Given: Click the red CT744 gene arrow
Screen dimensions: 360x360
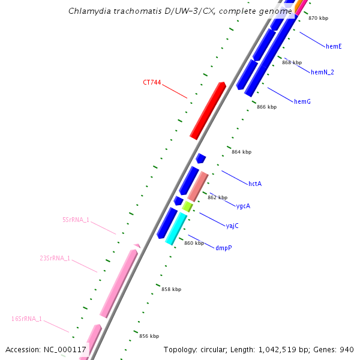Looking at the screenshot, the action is (x=208, y=111).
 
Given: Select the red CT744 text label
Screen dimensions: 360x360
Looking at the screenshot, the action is (x=151, y=83).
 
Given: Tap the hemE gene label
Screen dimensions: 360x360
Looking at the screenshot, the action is (x=334, y=46).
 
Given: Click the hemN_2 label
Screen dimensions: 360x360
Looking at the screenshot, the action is (x=322, y=72).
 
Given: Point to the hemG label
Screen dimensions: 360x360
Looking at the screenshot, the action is (x=302, y=101).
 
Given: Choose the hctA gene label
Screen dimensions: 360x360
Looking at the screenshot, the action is (x=255, y=184).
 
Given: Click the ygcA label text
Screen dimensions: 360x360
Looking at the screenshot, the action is (x=243, y=206).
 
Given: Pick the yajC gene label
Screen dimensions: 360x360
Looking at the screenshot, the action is (x=232, y=226).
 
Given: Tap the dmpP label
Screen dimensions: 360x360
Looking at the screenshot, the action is (x=223, y=247).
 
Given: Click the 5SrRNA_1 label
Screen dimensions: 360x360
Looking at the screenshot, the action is (x=76, y=220).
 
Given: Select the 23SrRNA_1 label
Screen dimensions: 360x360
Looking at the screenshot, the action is (x=55, y=258).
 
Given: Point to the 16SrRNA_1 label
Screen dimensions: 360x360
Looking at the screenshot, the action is (x=27, y=319).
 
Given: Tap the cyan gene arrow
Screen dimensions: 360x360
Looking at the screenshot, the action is (x=176, y=228).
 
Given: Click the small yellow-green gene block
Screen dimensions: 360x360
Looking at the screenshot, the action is (x=187, y=206).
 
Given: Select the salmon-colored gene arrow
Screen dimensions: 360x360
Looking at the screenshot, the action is (x=197, y=187).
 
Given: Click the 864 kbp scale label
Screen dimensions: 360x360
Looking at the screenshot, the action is (x=241, y=152).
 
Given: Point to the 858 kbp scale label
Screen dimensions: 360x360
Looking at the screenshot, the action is (x=171, y=289).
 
